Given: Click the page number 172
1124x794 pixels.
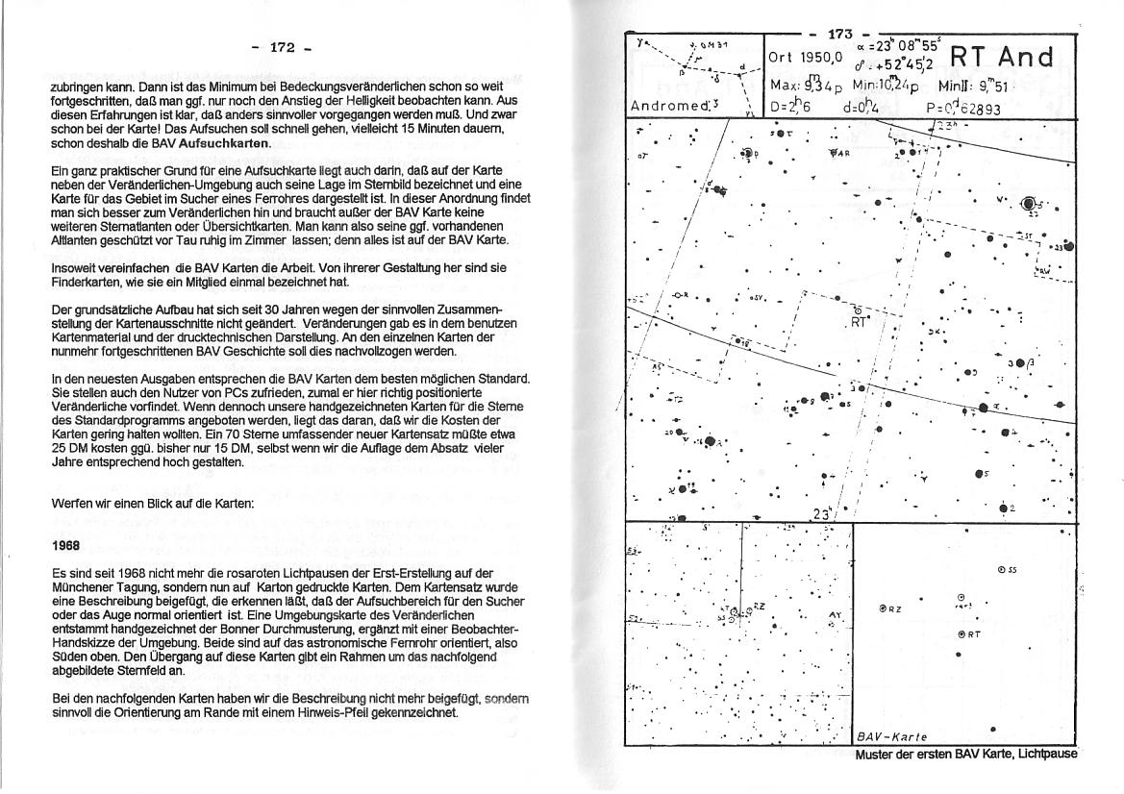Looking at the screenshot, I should pyautogui.click(x=281, y=46).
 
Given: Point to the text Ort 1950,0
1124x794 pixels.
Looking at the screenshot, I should pyautogui.click(x=806, y=58).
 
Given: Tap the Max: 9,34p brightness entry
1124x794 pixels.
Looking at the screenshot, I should pyautogui.click(x=809, y=86).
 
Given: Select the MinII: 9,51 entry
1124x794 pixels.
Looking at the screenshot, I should pyautogui.click(x=968, y=86).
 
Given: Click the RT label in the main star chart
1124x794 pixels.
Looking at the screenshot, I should pyautogui.click(x=860, y=322).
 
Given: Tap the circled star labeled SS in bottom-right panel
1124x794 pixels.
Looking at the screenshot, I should pyautogui.click(x=1007, y=569).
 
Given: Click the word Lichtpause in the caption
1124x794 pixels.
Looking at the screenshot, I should pyautogui.click(x=1046, y=755).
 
